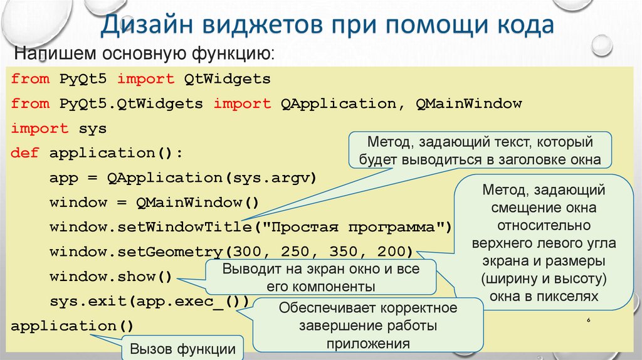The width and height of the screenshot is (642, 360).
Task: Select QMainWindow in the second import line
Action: pos(468,103)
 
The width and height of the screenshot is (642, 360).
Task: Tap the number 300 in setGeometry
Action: pos(246,252)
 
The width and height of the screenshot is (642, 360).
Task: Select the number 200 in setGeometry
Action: pos(391,252)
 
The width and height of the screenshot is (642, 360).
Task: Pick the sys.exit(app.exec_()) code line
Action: pos(149,302)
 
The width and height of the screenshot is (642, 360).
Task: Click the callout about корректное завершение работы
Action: pos(368,326)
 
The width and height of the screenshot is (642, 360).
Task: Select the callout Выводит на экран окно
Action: pos(320,277)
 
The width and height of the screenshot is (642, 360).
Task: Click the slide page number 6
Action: pos(589,320)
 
